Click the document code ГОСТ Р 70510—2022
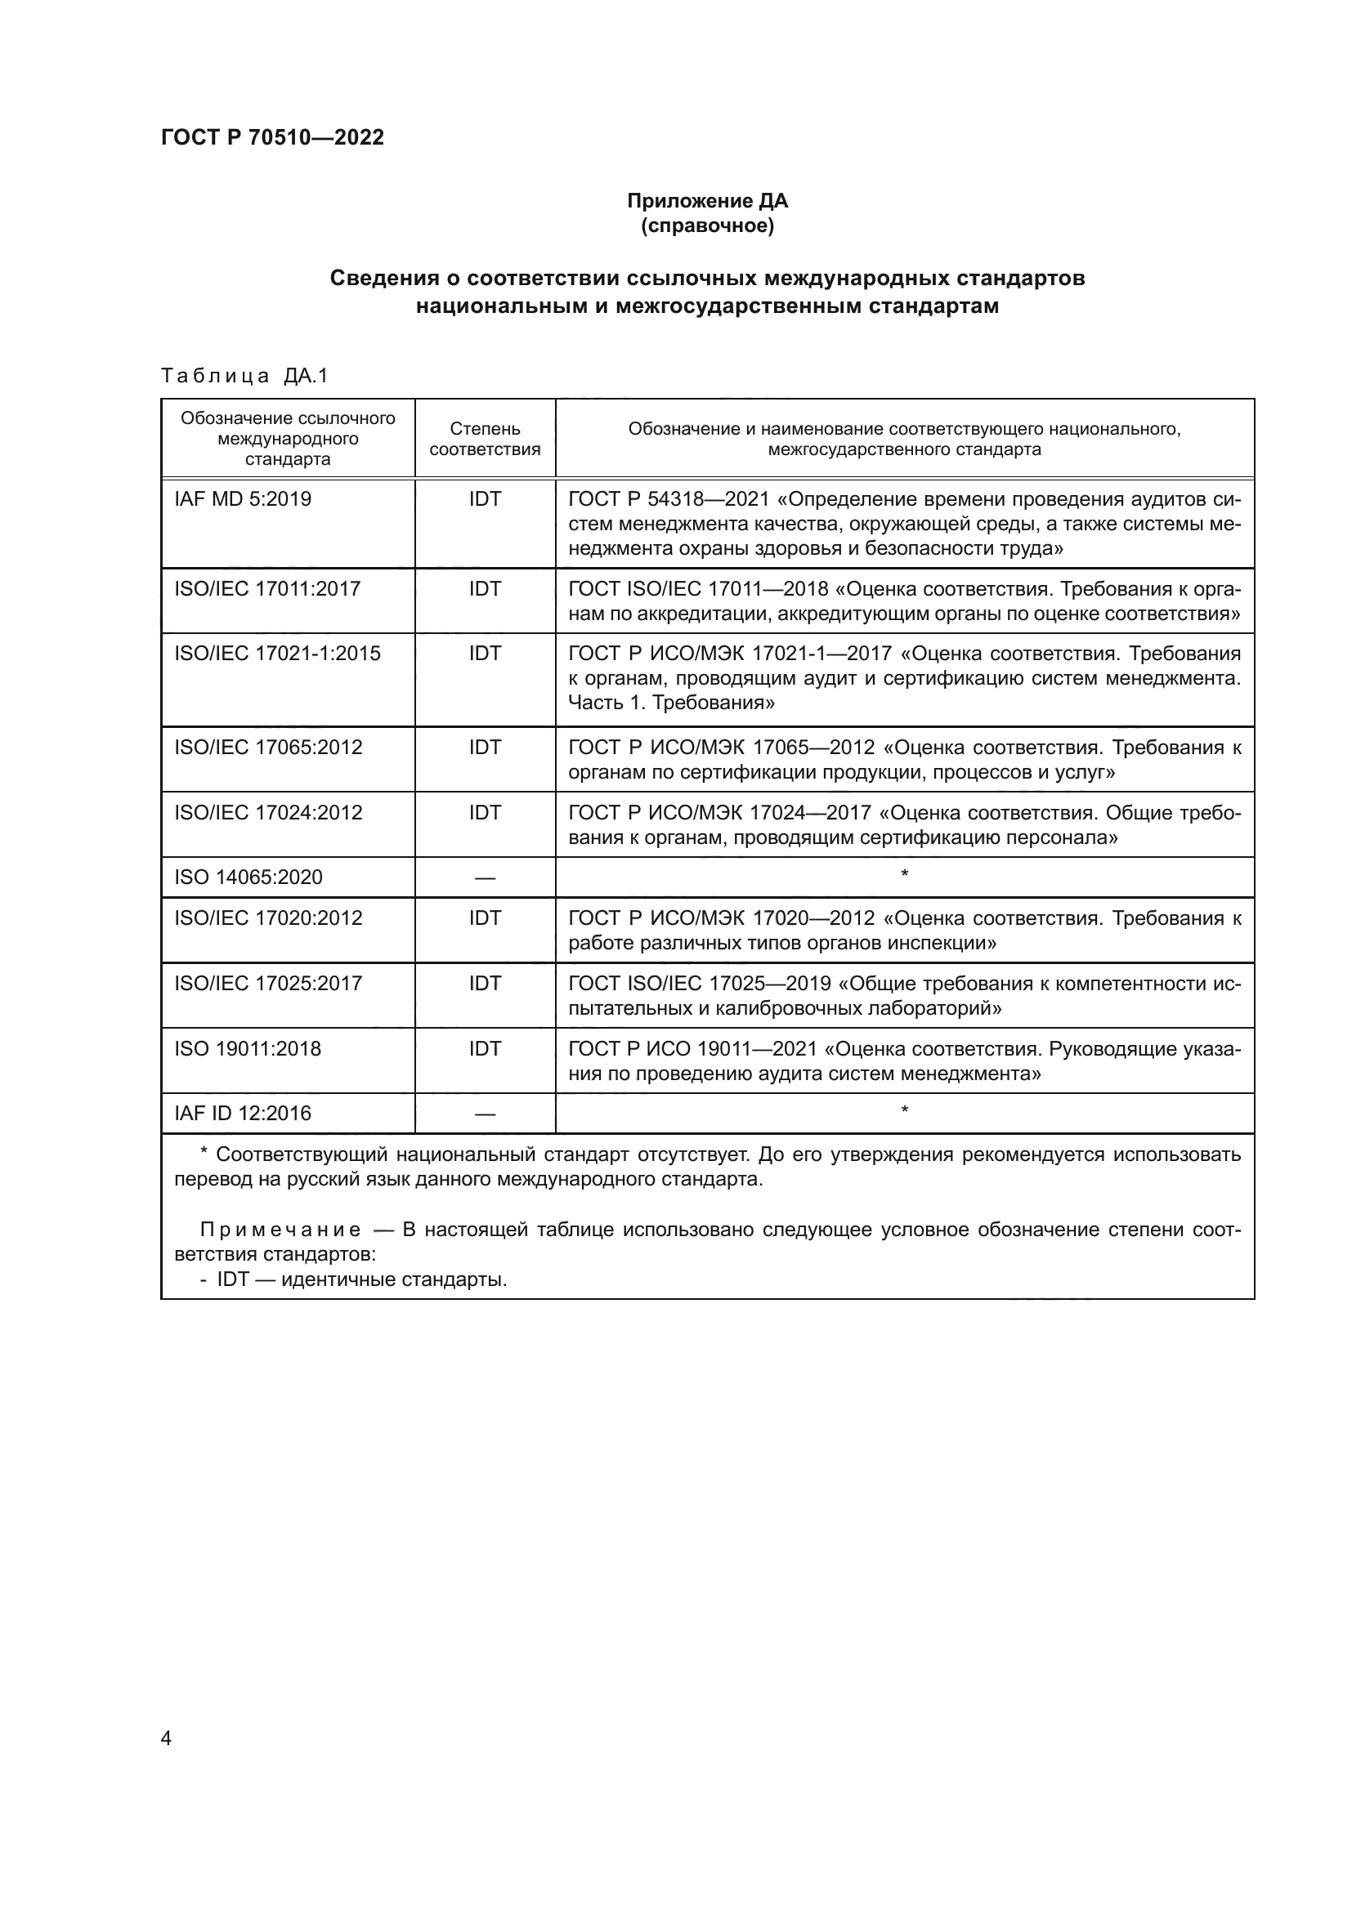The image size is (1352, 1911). [x=272, y=137]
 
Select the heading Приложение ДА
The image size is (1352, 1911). [x=707, y=201]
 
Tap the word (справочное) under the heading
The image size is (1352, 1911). [x=707, y=225]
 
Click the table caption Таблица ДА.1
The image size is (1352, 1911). [x=244, y=376]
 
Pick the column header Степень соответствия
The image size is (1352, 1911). [x=485, y=439]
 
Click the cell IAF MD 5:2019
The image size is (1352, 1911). [x=242, y=499]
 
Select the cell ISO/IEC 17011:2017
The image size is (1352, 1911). [x=267, y=589]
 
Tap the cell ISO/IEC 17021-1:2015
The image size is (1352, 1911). [x=277, y=654]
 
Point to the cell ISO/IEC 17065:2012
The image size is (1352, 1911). [x=268, y=748]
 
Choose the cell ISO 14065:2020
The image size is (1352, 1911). [x=248, y=877]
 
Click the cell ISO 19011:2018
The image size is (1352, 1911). [x=247, y=1049]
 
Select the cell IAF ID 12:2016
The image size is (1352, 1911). [x=242, y=1114]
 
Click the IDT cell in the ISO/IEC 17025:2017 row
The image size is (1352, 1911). [x=485, y=984]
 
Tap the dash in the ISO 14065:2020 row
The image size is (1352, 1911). [x=485, y=878]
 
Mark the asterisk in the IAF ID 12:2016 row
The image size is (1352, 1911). [x=904, y=1110]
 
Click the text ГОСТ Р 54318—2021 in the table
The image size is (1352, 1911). [x=669, y=499]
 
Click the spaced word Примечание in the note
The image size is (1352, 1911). [x=280, y=1230]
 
